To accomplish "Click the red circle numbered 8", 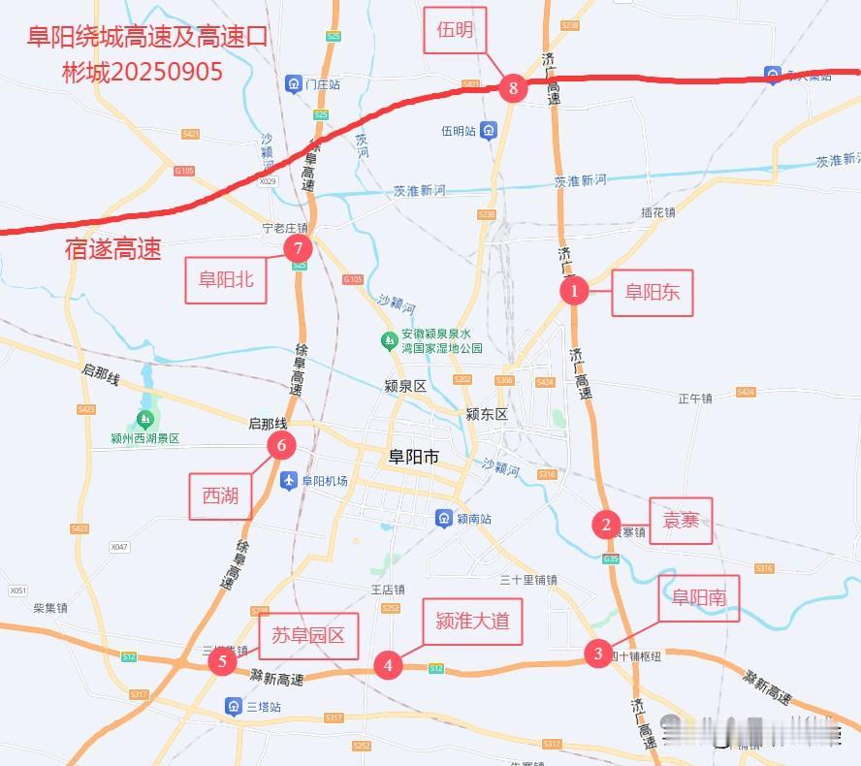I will tap(513, 89).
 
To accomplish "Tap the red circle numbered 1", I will tap(574, 290).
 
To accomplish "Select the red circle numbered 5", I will tap(223, 662).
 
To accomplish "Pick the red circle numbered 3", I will tap(598, 654).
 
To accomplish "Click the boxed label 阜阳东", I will tap(652, 291).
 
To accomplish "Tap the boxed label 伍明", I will tap(455, 30).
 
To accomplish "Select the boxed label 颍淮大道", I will tap(472, 621).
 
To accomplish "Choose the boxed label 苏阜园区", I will tap(308, 636).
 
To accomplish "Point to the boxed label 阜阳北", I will tap(226, 279).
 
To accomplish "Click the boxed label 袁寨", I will tap(681, 521).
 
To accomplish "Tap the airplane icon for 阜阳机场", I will tap(288, 480).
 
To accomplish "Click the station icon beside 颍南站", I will tap(443, 518).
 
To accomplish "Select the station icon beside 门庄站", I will tap(293, 84).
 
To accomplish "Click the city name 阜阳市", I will tap(413, 457).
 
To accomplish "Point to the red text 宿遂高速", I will tap(112, 249).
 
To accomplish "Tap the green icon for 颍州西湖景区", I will tap(145, 419).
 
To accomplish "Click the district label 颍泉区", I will tap(405, 386).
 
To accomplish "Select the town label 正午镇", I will tap(695, 398).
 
